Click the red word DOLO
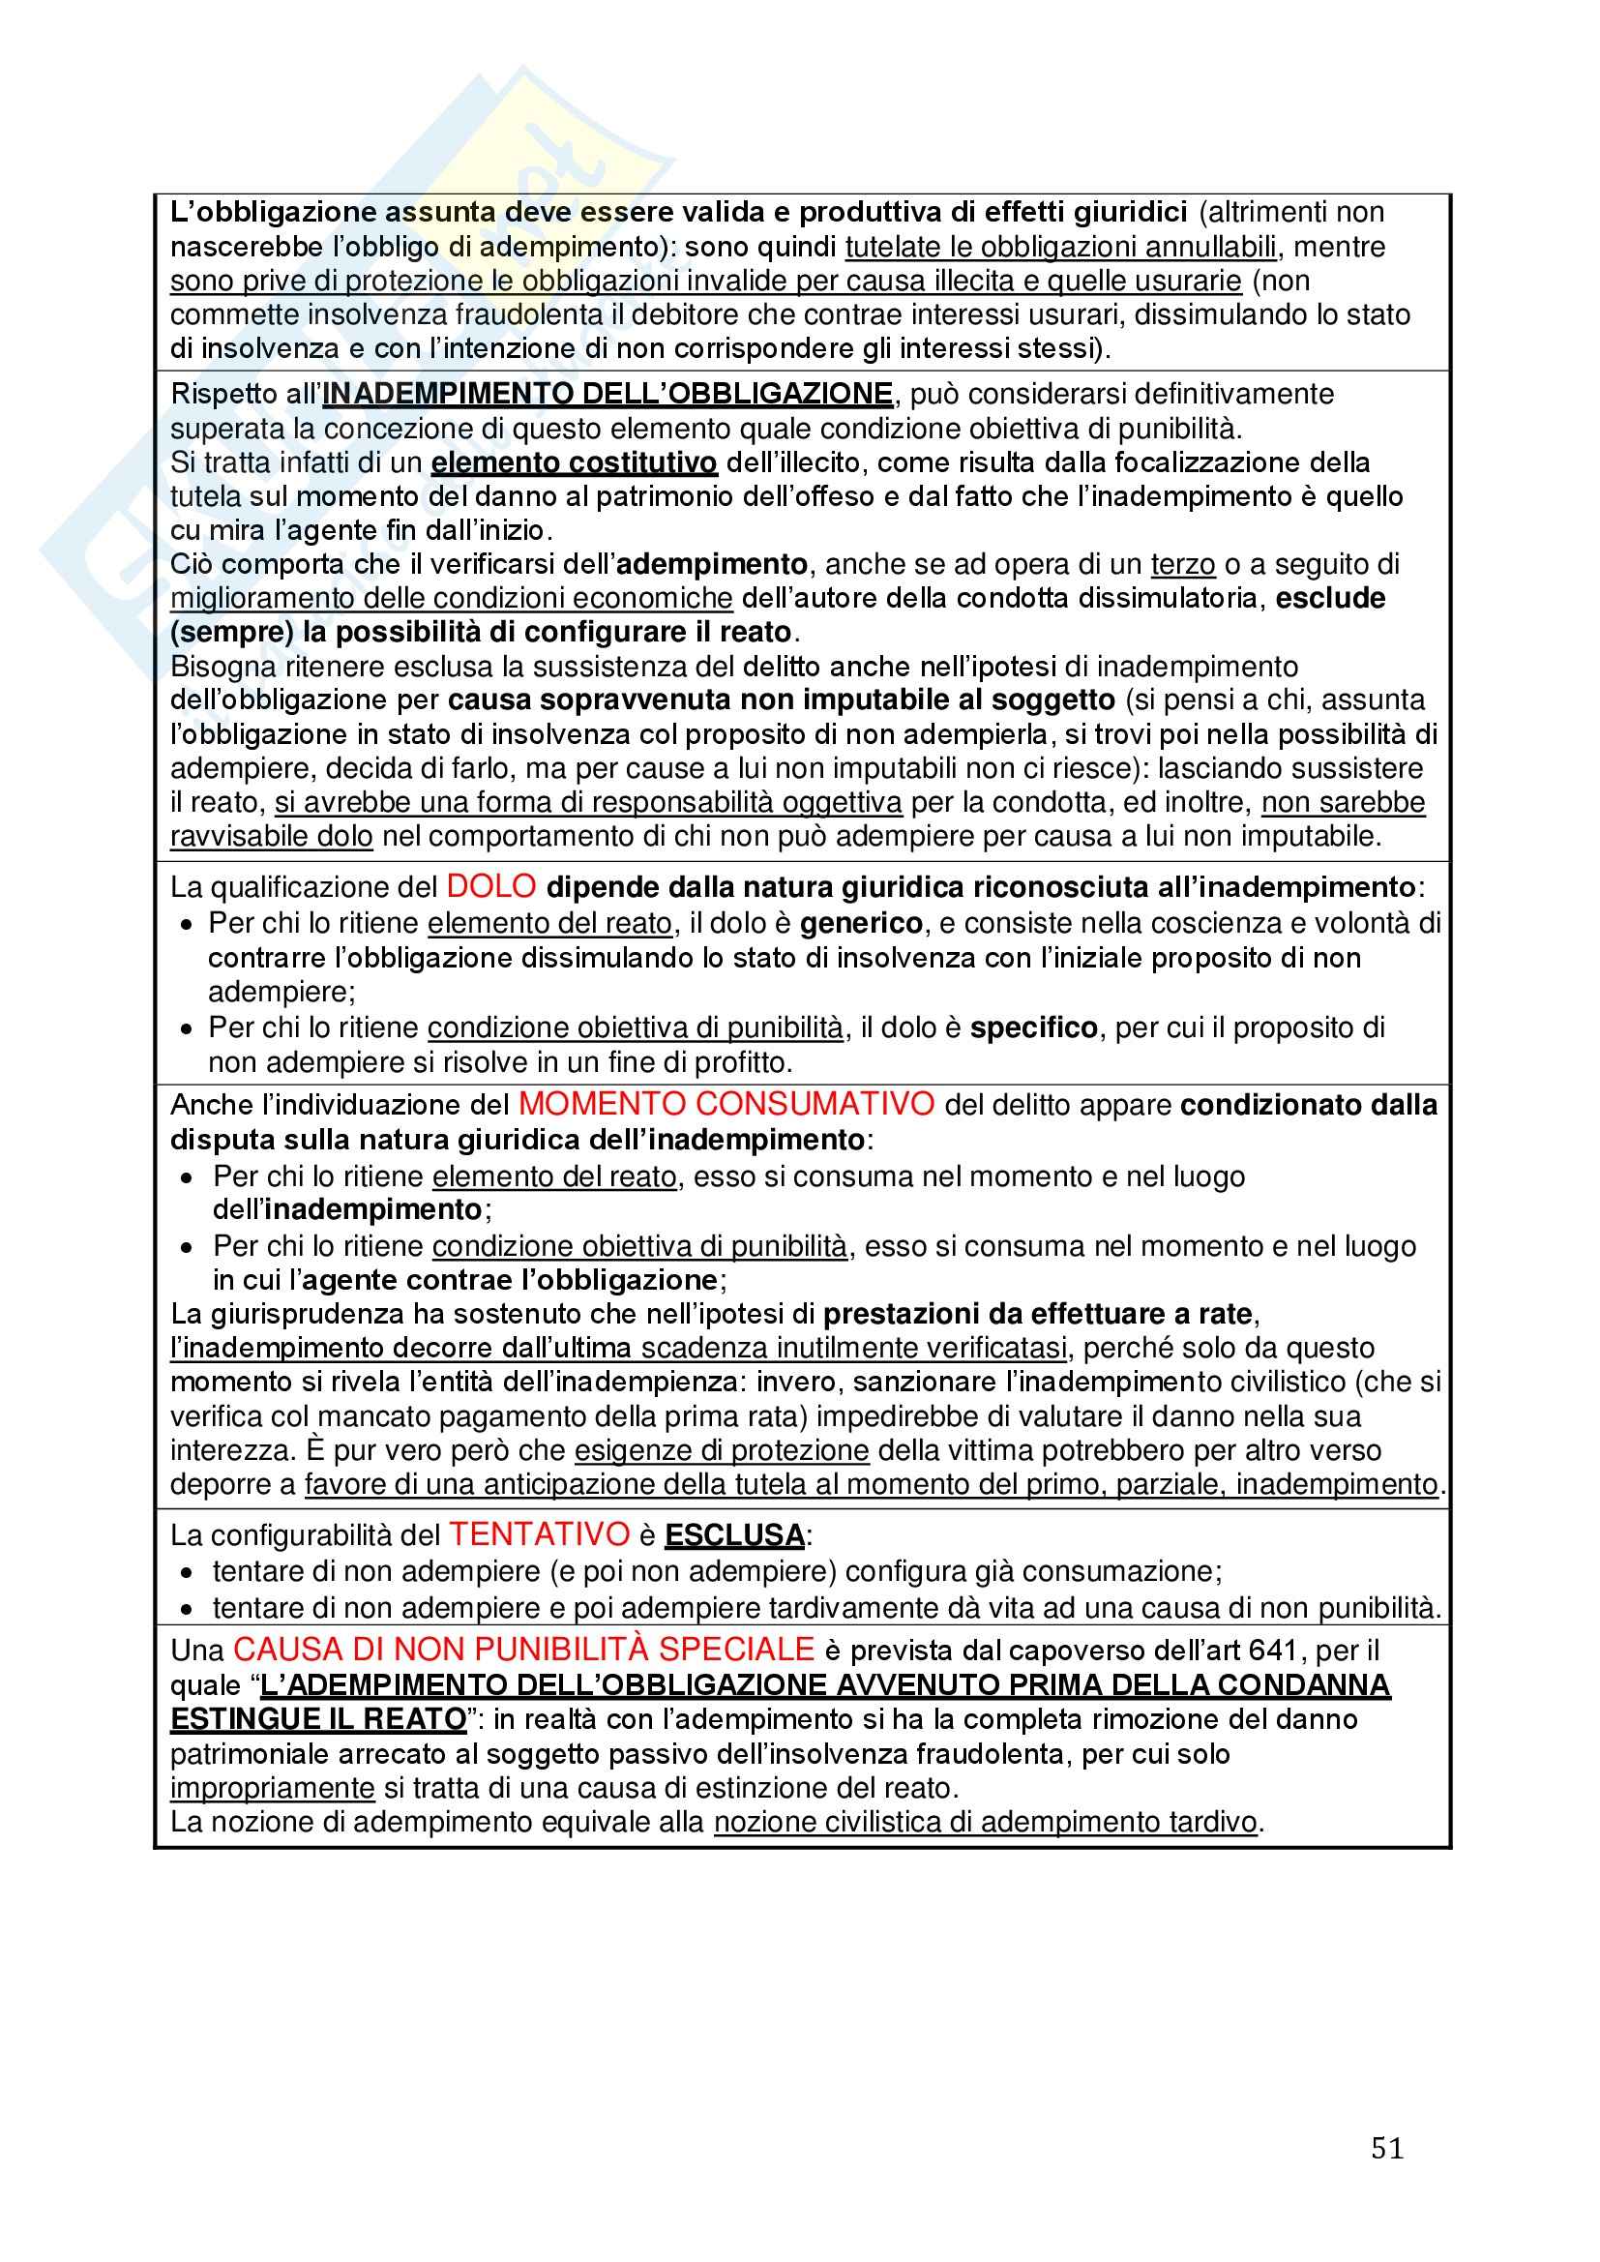(490, 886)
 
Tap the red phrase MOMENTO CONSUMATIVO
(726, 1103)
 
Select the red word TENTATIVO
(539, 1533)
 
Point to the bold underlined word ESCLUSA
(735, 1536)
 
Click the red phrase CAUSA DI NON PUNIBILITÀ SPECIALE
(523, 1650)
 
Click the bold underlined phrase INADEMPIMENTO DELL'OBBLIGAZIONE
(607, 394)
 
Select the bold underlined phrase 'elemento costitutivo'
(575, 463)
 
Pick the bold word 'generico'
(861, 924)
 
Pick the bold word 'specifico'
(1033, 1028)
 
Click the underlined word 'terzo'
(1182, 564)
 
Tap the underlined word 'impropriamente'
(273, 1788)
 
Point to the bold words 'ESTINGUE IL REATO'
(318, 1719)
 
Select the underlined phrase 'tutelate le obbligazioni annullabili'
(1060, 247)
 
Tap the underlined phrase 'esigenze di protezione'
(722, 1451)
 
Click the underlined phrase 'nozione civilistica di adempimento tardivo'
(985, 1823)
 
